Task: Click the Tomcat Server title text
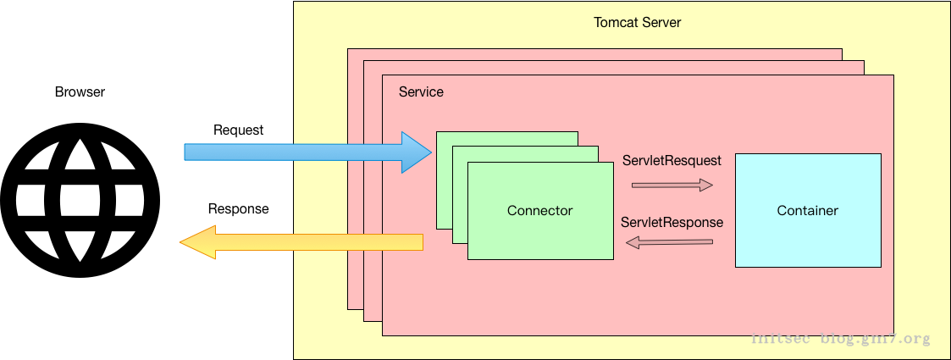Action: point(637,22)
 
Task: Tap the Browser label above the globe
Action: point(80,92)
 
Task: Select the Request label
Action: point(238,130)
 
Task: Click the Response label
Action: point(238,208)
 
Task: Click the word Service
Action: point(421,91)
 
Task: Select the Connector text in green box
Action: point(539,211)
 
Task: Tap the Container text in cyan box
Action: point(807,211)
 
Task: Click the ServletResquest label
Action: point(672,160)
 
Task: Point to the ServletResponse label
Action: point(672,223)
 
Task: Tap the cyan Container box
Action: point(807,246)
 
